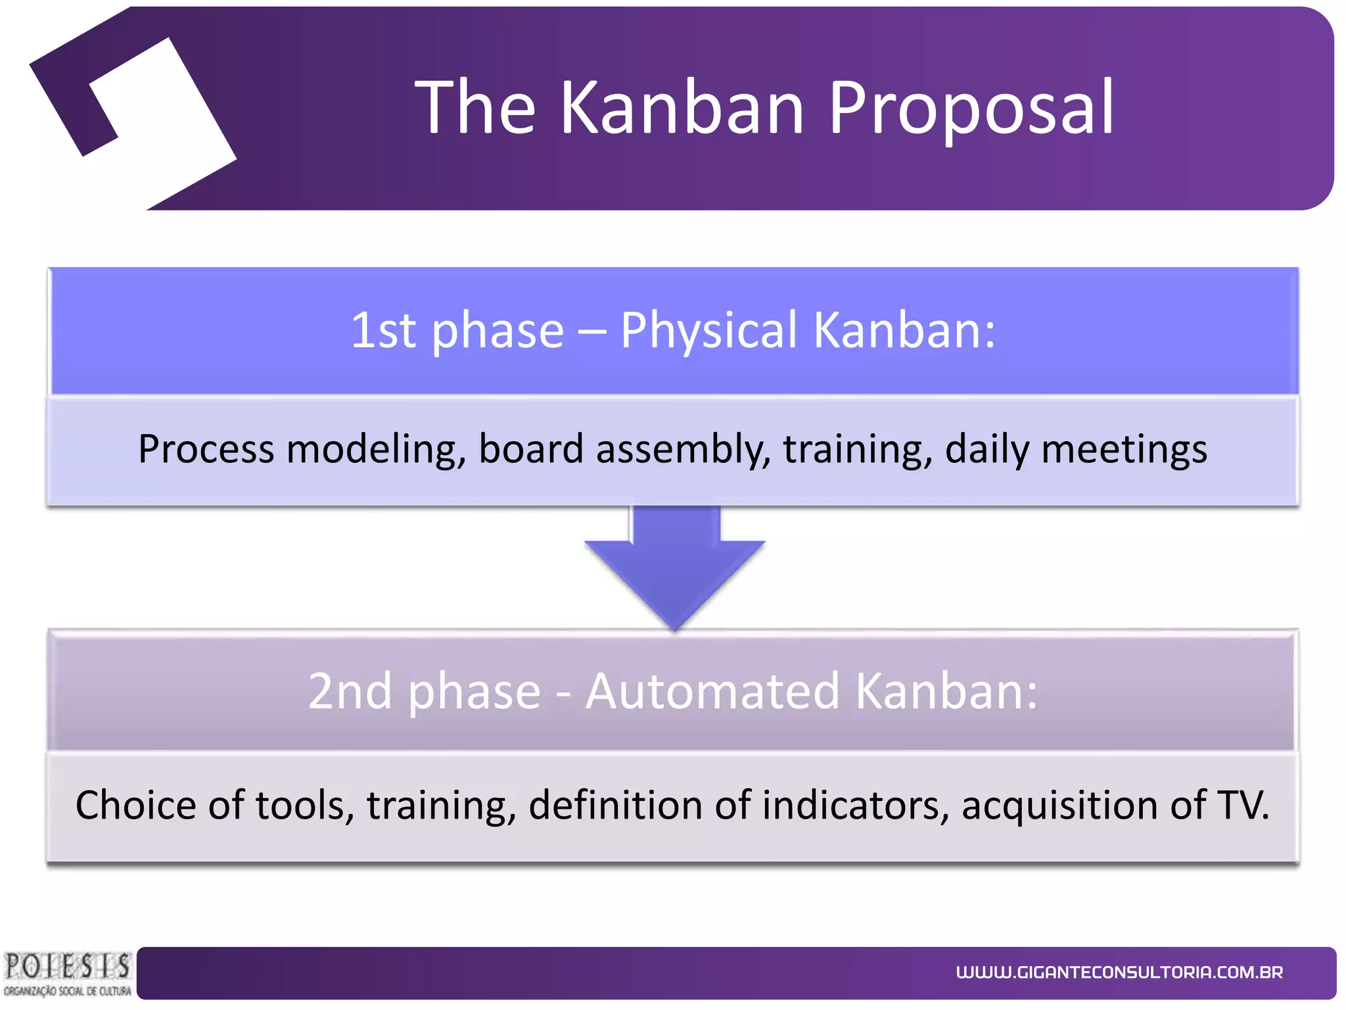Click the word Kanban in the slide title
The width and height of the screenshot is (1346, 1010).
point(682,107)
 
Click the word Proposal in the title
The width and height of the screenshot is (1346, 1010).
point(970,107)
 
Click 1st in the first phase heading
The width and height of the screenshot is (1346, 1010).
point(383,330)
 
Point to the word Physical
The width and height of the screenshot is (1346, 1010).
point(708,330)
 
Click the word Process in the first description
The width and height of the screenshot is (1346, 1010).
point(206,450)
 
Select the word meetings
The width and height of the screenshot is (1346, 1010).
point(1124,450)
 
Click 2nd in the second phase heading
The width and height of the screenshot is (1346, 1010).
point(350,692)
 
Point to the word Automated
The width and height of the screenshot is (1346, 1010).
point(712,692)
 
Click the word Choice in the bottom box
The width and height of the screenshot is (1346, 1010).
point(135,806)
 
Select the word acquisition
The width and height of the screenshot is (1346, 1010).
point(1059,806)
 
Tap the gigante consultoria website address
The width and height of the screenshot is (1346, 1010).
point(1119,973)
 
